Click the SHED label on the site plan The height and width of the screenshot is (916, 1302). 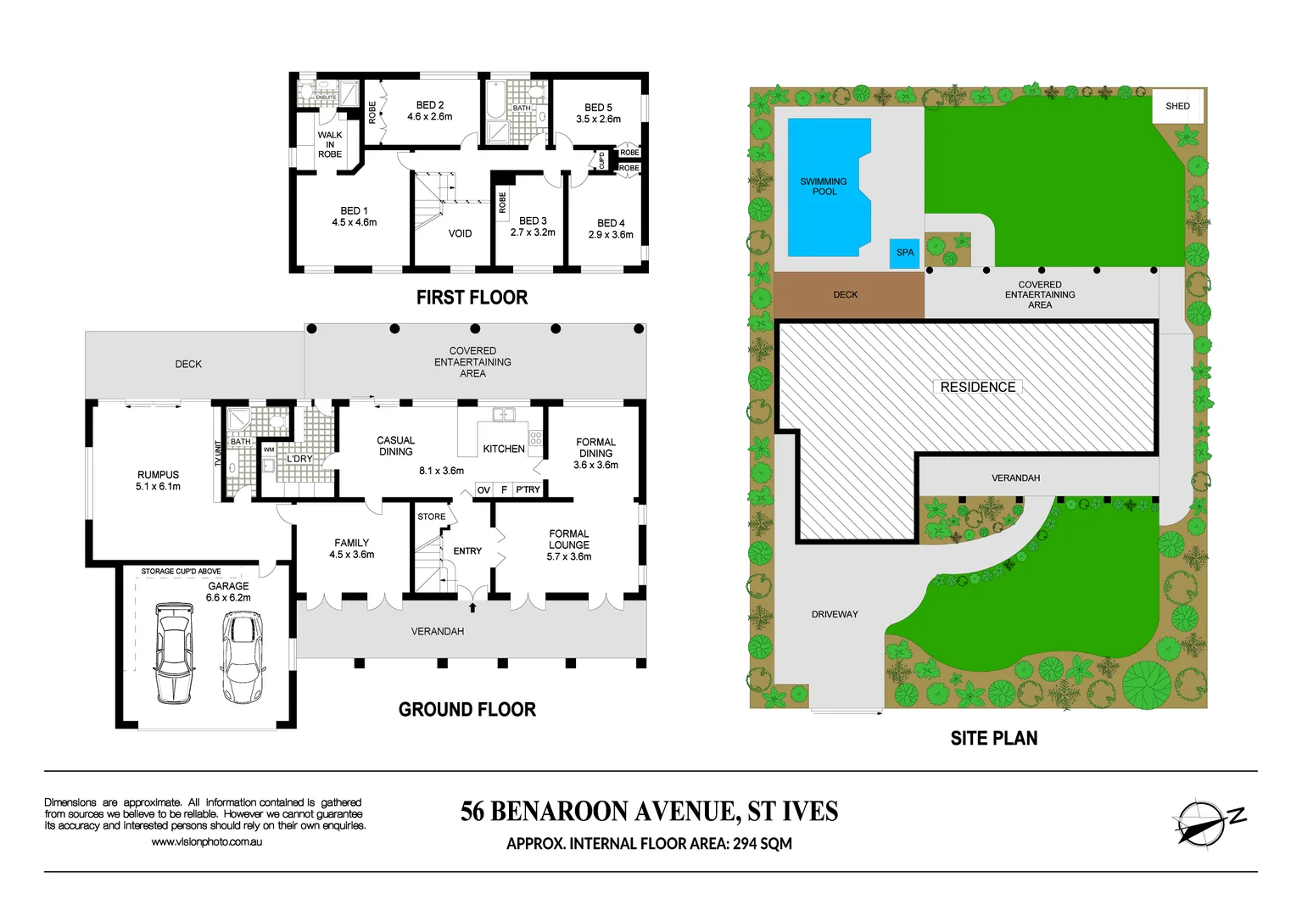click(x=1177, y=106)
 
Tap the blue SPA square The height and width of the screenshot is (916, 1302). click(x=905, y=253)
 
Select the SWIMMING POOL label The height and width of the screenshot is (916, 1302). click(x=824, y=187)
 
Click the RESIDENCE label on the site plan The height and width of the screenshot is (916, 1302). click(x=977, y=387)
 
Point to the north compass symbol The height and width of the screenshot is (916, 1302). click(x=1202, y=823)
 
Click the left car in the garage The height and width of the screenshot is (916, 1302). click(x=174, y=652)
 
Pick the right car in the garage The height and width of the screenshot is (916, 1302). click(x=242, y=656)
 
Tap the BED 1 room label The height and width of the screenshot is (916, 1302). click(x=354, y=216)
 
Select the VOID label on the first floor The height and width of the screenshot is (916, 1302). click(x=460, y=233)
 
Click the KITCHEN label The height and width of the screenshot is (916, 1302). click(x=503, y=449)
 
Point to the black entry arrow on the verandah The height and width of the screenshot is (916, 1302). click(x=472, y=607)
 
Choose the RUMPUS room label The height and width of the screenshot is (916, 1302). click(x=158, y=481)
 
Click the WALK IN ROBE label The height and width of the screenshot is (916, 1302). click(x=330, y=145)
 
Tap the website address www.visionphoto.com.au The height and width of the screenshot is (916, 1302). click(x=206, y=842)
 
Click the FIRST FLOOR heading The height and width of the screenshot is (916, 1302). click(x=472, y=298)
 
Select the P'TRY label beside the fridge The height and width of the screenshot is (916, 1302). click(x=528, y=489)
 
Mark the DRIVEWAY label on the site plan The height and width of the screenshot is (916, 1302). click(x=835, y=614)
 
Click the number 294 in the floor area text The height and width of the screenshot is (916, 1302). click(x=745, y=844)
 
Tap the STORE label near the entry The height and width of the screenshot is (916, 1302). click(x=431, y=517)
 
